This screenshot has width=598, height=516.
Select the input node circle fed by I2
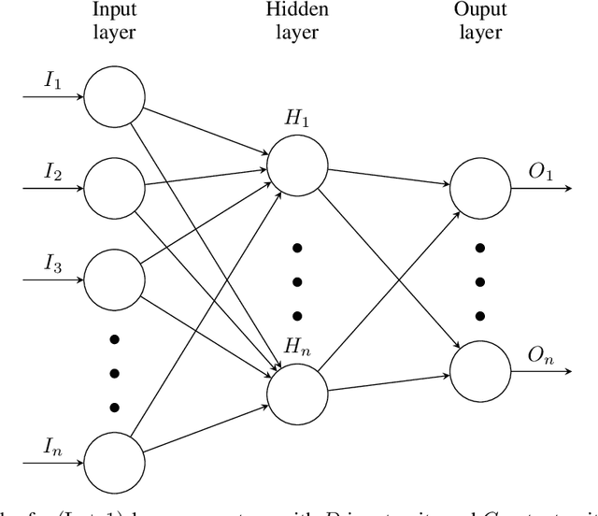(114, 187)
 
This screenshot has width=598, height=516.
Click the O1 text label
(541, 174)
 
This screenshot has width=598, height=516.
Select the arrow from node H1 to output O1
(389, 176)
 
